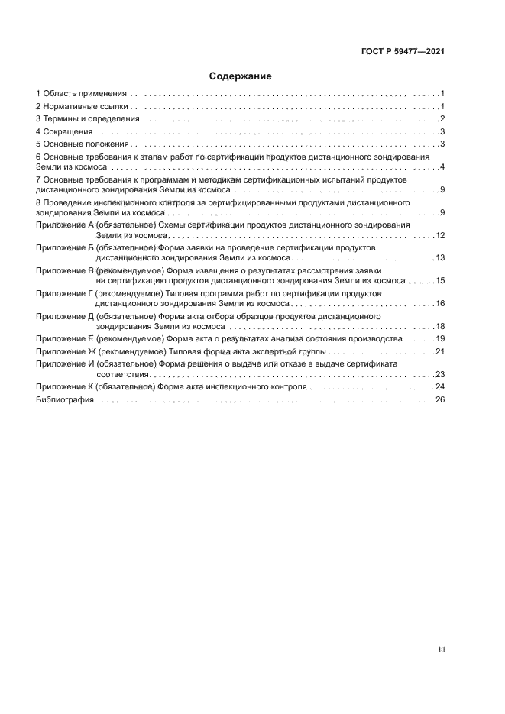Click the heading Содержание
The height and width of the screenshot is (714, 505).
241,76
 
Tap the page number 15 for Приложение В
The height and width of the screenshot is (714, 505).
440,281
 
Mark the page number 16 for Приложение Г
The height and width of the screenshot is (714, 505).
440,304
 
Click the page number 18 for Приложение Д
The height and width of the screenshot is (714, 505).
440,327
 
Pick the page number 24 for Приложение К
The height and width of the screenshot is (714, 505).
440,387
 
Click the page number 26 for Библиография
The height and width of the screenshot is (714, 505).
440,400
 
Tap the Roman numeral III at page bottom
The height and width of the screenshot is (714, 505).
441,649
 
